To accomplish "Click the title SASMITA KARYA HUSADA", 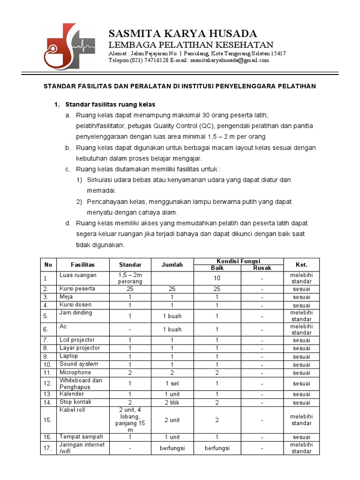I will [x=183, y=34].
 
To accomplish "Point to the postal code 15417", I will [x=277, y=53].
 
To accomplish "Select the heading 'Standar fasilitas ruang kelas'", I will [x=110, y=104].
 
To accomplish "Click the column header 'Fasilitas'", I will [x=82, y=265].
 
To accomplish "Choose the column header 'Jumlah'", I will [x=172, y=265].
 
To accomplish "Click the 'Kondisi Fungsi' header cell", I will [x=238, y=261].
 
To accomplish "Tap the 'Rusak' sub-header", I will [x=262, y=268].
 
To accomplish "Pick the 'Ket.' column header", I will [x=301, y=265].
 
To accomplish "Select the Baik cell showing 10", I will [x=217, y=278].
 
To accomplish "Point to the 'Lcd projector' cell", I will [x=77, y=340].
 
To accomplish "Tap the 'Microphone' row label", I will [x=75, y=372].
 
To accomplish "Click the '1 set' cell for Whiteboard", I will [x=172, y=383].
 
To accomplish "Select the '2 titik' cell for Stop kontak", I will [x=172, y=403].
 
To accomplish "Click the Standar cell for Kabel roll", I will [x=130, y=420].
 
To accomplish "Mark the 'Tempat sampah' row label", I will [x=81, y=436].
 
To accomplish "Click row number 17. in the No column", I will [x=48, y=449].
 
